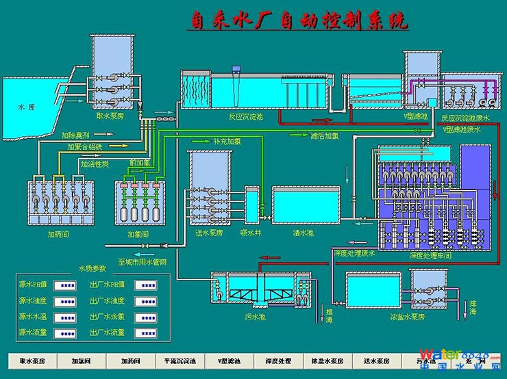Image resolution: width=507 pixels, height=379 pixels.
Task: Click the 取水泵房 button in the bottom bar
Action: coord(32,361)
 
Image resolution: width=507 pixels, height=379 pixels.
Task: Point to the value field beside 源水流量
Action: coord(66,332)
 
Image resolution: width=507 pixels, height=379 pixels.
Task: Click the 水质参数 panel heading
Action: coord(92,267)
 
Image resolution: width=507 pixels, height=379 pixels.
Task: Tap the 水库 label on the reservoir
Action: coord(26,107)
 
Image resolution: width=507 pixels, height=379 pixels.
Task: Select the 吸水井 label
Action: coord(249,233)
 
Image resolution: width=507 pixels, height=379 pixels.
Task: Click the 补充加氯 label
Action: coord(227,141)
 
